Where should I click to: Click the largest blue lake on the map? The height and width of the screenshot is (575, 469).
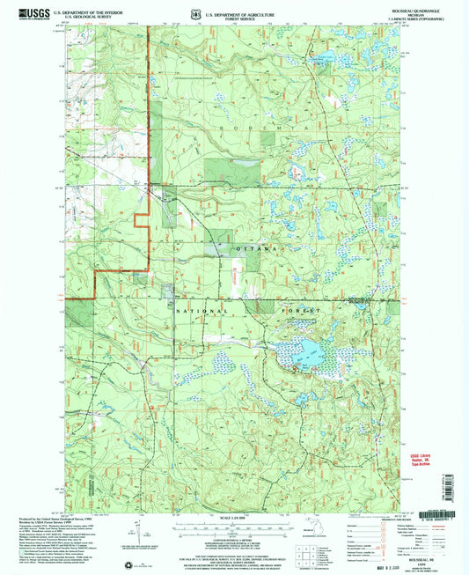click(304, 356)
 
